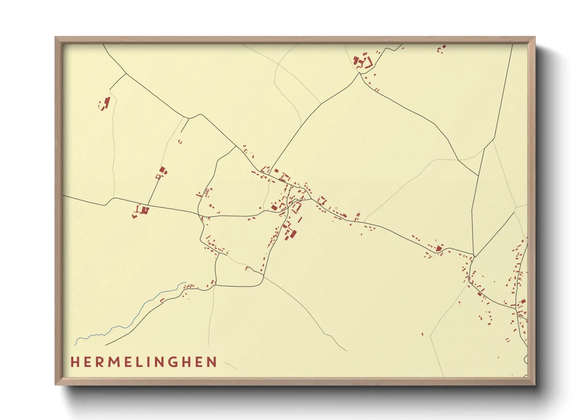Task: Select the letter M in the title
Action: tap(114, 362)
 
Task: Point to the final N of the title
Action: tap(213, 362)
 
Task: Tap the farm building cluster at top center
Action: tap(362, 62)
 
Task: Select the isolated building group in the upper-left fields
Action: tap(105, 103)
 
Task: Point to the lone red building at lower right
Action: tap(422, 334)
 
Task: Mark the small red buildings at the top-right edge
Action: tap(441, 48)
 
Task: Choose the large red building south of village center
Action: tap(293, 233)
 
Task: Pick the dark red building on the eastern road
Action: tap(439, 249)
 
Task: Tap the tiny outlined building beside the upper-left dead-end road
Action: tap(180, 141)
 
